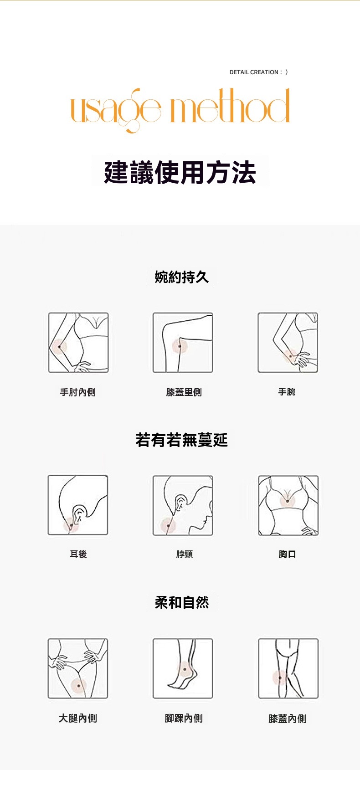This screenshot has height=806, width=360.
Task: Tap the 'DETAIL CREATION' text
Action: click(x=254, y=72)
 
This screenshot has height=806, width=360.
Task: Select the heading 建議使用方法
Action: click(x=180, y=172)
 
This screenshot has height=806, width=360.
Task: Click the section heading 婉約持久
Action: click(x=182, y=277)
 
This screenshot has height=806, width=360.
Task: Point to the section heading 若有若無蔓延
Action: click(x=181, y=440)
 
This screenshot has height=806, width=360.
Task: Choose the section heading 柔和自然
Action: click(x=182, y=602)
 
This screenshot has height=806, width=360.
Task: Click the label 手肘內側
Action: click(x=78, y=392)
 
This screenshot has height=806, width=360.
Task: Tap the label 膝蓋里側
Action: click(x=184, y=392)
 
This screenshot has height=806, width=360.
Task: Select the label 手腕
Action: click(x=287, y=392)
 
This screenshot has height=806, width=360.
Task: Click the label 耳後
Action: click(x=78, y=554)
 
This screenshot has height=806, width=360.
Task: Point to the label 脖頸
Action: click(x=185, y=554)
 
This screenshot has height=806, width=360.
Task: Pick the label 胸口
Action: click(x=288, y=554)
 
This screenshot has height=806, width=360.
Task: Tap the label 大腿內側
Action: click(x=78, y=718)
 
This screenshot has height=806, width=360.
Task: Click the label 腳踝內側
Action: click(x=184, y=718)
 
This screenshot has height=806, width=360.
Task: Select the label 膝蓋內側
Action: click(x=288, y=719)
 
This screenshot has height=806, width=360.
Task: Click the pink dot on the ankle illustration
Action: click(x=185, y=669)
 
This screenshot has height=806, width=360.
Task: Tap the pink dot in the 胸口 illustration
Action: click(x=288, y=501)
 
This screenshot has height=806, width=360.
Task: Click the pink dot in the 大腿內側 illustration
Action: click(x=79, y=685)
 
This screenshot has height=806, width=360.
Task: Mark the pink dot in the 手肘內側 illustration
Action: click(x=59, y=347)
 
